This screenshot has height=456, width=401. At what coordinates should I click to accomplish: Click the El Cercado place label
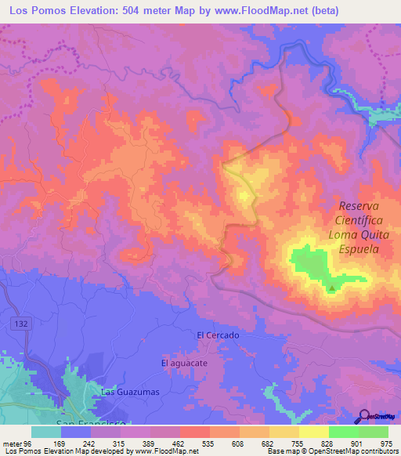pyautogui.click(x=218, y=335)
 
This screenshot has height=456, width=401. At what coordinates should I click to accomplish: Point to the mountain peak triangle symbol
pyautogui.click(x=331, y=288)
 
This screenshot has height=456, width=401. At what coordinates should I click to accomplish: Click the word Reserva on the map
pyautogui.click(x=359, y=206)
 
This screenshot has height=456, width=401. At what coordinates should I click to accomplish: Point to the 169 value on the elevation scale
pyautogui.click(x=69, y=443)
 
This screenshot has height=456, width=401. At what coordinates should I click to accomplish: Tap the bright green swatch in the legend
pyautogui.click(x=343, y=432)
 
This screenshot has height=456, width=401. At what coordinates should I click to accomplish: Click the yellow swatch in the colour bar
pyautogui.click(x=284, y=432)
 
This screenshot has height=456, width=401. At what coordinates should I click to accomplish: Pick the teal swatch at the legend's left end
pyautogui.click(x=46, y=432)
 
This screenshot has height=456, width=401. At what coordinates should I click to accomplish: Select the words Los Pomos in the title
pyautogui.click(x=36, y=11)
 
